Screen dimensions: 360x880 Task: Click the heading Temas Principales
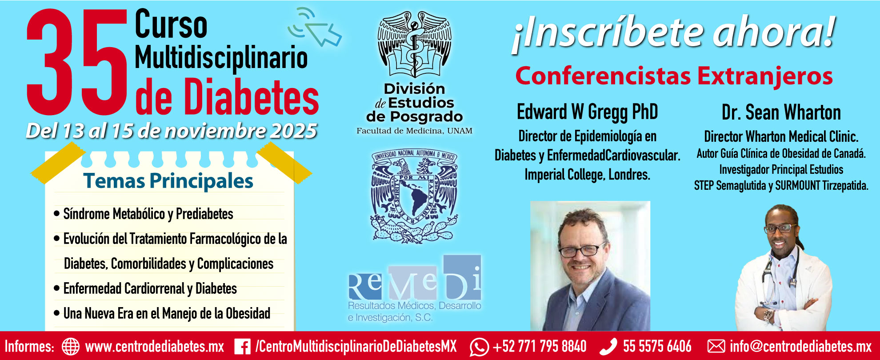[x=168, y=181]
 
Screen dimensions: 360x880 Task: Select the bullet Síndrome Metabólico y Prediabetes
[x=148, y=214]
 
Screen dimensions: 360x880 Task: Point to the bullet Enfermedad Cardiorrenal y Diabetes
[x=150, y=288]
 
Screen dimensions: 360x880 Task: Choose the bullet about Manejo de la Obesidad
[x=167, y=313]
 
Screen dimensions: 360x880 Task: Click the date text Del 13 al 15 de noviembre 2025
[x=171, y=131]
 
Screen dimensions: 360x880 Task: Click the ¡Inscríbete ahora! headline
[x=673, y=33]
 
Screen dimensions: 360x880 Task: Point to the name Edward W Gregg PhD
[x=587, y=112]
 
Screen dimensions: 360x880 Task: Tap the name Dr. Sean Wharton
[x=781, y=112]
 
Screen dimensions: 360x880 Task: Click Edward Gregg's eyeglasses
[x=582, y=250]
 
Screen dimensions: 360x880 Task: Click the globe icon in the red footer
[x=70, y=346]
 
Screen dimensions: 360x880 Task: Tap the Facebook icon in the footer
[x=242, y=347]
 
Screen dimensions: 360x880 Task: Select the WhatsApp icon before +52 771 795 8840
[x=479, y=347]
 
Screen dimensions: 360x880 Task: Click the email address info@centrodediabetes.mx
[x=800, y=346]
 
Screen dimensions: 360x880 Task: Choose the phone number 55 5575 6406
[x=657, y=346]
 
